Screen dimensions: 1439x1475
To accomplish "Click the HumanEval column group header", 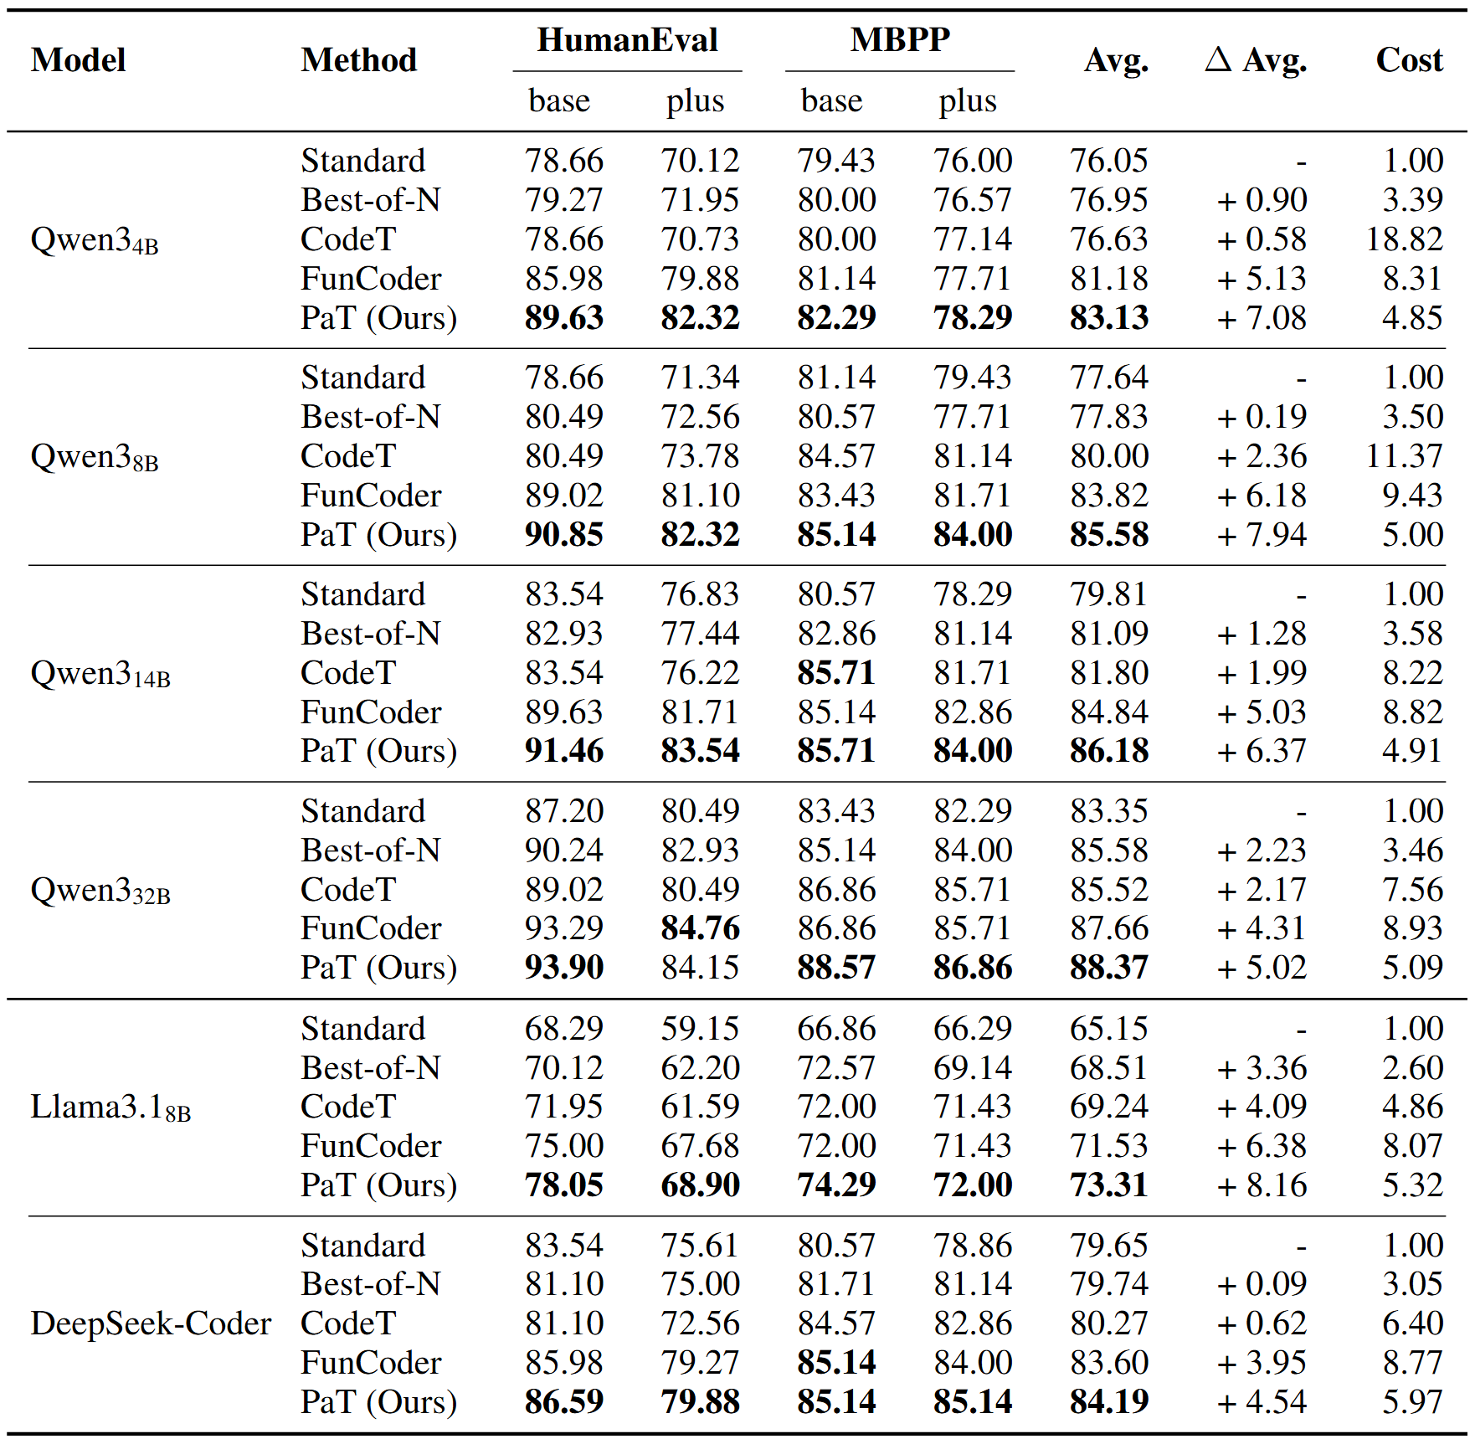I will (x=627, y=40).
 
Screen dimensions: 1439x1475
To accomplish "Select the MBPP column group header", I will (x=900, y=40).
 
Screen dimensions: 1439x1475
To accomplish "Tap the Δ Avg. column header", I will (x=1256, y=60).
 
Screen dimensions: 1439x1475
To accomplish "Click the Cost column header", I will (x=1409, y=60).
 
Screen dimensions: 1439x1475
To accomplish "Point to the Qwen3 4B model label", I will (x=94, y=240).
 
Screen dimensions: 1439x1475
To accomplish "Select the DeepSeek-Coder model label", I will (x=151, y=1323).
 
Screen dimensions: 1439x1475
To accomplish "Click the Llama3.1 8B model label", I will (x=110, y=1108).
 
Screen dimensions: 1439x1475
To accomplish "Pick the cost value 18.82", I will (x=1404, y=239).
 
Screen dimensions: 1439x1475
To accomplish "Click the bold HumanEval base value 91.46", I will (x=563, y=751).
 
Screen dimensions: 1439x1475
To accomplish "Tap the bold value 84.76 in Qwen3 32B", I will (x=700, y=928).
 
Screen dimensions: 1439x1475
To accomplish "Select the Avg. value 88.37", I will (x=1108, y=968).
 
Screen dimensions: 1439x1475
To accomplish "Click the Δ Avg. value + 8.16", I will (x=1261, y=1185).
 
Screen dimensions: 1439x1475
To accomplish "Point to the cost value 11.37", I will (x=1404, y=456).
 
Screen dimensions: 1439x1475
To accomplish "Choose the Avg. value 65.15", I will (x=1108, y=1029).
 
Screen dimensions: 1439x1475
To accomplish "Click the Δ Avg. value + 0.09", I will (x=1261, y=1284).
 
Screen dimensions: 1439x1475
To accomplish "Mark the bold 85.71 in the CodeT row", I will (x=835, y=673).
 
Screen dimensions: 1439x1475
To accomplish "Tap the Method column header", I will (x=358, y=60).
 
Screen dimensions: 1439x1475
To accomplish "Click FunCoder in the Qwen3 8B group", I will (x=371, y=496).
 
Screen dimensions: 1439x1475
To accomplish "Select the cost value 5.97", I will (x=1412, y=1402).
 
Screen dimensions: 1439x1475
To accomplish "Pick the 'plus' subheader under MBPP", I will (x=967, y=101).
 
